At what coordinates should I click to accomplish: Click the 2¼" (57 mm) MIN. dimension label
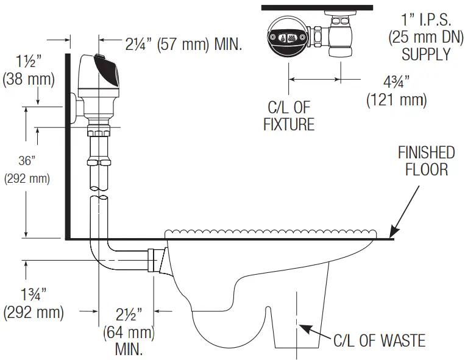click(x=183, y=44)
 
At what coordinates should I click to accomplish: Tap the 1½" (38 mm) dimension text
click(x=28, y=69)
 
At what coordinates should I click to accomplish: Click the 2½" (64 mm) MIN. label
click(x=129, y=330)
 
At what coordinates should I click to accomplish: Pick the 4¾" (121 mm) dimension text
click(x=396, y=90)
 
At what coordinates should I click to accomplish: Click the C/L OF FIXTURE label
click(x=289, y=116)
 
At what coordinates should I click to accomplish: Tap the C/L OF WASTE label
click(x=378, y=340)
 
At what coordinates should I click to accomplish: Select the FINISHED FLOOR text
click(x=426, y=160)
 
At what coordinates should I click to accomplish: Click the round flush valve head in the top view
click(x=288, y=37)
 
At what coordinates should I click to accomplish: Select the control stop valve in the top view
click(x=338, y=37)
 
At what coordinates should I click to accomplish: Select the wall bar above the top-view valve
click(x=316, y=7)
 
